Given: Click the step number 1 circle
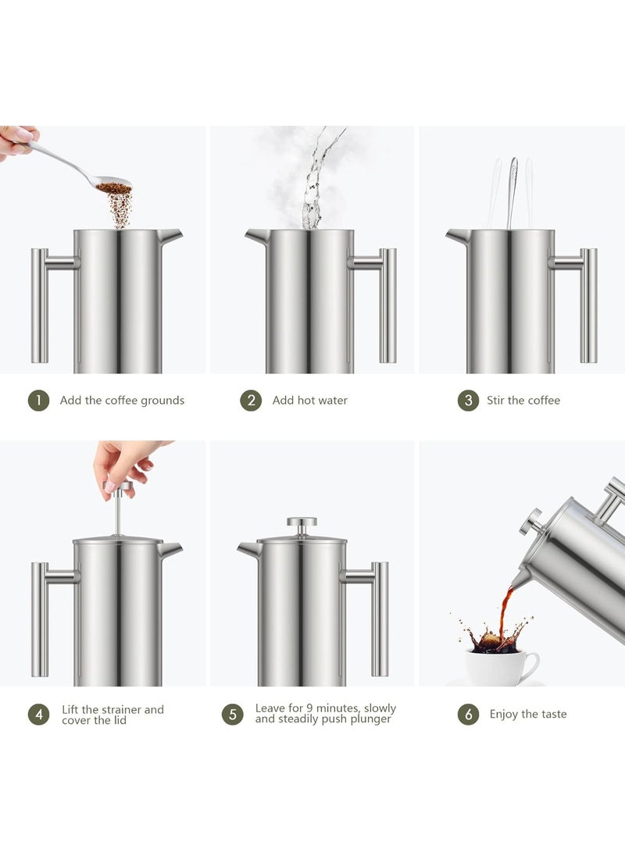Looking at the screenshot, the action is (x=38, y=401).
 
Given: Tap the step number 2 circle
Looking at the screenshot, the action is (x=251, y=401).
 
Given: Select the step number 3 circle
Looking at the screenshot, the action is (x=468, y=401).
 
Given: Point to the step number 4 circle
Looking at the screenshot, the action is (x=38, y=715).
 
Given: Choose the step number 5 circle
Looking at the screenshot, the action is (x=233, y=714).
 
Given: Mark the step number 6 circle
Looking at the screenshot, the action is (x=469, y=715).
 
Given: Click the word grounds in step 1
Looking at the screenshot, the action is (x=162, y=401).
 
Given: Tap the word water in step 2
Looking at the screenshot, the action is (x=330, y=401).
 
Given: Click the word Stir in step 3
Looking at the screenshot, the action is (x=495, y=401).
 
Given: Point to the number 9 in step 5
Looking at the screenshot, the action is (x=309, y=708).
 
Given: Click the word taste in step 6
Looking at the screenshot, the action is (x=553, y=714).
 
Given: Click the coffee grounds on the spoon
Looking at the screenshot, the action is (x=114, y=188).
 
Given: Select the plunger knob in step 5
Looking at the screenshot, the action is (x=302, y=522).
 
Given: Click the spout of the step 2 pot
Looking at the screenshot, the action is (x=255, y=237).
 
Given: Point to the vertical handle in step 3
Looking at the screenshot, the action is (x=588, y=305).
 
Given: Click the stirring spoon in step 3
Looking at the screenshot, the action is (x=512, y=193).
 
